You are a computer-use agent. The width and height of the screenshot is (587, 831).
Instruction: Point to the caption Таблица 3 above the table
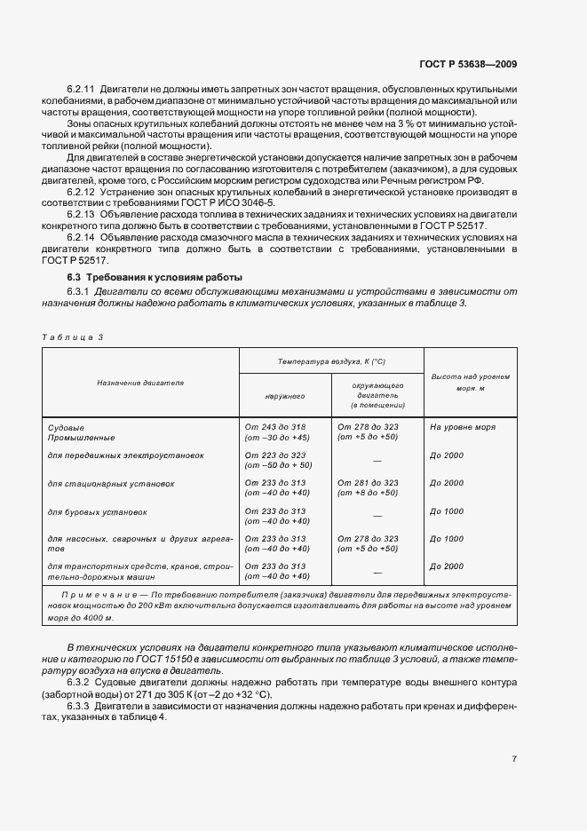pos(73,337)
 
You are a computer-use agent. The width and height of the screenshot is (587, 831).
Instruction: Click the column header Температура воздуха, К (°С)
pos(331,362)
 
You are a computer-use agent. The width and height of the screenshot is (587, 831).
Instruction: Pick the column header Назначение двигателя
pos(140,383)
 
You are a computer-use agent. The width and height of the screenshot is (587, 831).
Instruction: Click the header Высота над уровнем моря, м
pos(470,383)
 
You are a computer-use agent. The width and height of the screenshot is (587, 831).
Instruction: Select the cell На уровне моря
pos(462,427)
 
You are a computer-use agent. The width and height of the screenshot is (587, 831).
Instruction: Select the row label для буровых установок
pos(97,511)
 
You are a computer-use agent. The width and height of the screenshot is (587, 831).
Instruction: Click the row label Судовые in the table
pos(66,427)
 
